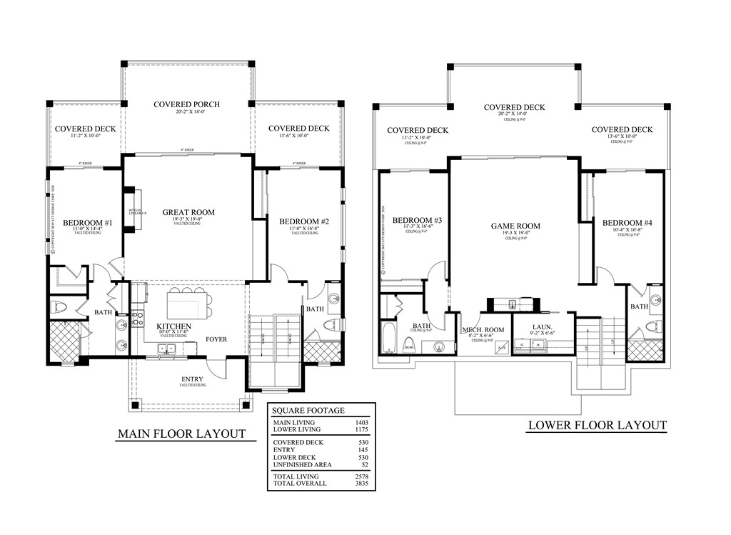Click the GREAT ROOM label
pos(188,212)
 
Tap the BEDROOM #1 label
pos(87,223)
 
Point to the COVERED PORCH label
pos(186,104)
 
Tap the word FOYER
pos(216,339)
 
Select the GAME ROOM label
pos(515,226)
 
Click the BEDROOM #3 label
pos(418,219)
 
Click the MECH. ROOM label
pos(483,329)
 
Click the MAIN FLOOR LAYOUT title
pos(181,434)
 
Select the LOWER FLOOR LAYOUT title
pos(597,426)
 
